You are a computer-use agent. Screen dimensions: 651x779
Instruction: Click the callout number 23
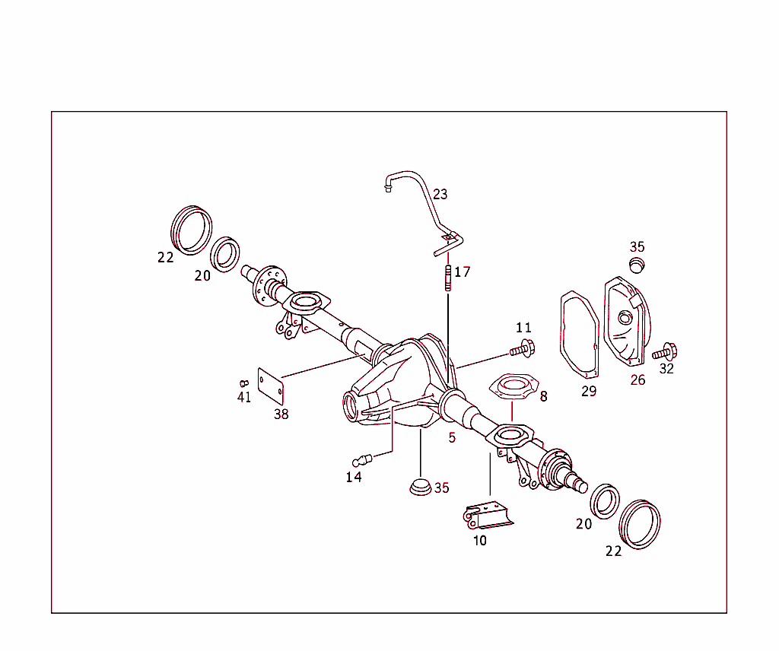(x=440, y=194)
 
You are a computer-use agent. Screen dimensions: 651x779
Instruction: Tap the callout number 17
(x=463, y=272)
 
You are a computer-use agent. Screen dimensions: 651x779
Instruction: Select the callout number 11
(x=523, y=328)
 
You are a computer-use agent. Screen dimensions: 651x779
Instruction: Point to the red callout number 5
(x=452, y=438)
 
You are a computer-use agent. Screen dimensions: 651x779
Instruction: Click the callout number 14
(x=354, y=477)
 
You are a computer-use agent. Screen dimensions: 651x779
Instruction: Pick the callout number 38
(x=281, y=414)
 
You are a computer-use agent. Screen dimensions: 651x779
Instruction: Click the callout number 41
(x=243, y=397)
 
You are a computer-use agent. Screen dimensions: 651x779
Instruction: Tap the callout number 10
(x=479, y=541)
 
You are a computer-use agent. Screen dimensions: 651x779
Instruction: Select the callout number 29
(x=589, y=392)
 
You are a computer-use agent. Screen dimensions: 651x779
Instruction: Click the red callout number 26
(x=638, y=379)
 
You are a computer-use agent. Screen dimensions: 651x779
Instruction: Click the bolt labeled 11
(x=522, y=351)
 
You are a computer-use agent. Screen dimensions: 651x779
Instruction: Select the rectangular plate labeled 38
(x=272, y=386)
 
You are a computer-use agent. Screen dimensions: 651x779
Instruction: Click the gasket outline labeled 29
(x=580, y=335)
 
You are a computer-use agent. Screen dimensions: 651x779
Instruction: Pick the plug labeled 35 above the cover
(x=637, y=264)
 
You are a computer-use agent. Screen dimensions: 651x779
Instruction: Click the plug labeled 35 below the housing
(x=420, y=487)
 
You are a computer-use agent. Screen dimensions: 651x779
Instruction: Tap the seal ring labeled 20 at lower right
(x=605, y=501)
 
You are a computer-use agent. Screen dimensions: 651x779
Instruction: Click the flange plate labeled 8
(x=511, y=386)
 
